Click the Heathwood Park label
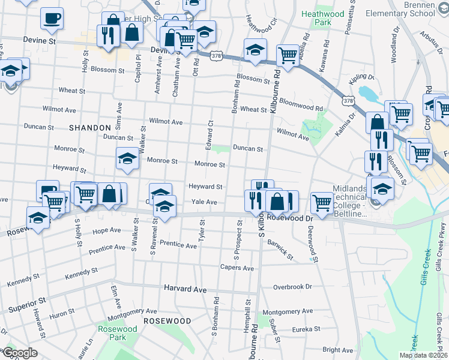click(x=324, y=18)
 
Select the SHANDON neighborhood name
click(x=89, y=128)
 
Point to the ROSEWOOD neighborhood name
click(x=167, y=321)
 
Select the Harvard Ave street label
click(x=185, y=289)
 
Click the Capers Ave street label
click(x=237, y=268)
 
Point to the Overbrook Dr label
click(x=293, y=287)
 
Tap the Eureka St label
click(x=304, y=329)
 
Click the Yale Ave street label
click(x=204, y=202)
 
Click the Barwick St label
click(x=280, y=250)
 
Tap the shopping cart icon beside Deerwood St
click(x=322, y=202)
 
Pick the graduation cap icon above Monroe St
click(x=127, y=158)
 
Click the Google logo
click(x=20, y=353)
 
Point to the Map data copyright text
click(x=423, y=355)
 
